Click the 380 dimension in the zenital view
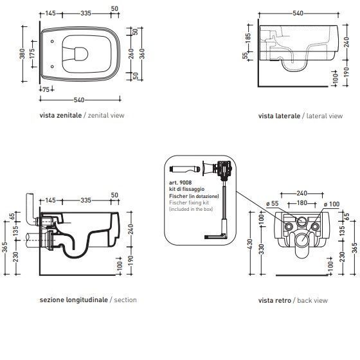tap(22, 53)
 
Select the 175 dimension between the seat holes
tap(32, 53)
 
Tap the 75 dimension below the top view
tap(46, 89)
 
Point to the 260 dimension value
tap(131, 53)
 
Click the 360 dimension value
tap(142, 53)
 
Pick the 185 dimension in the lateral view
tap(248, 39)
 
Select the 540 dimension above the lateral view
tap(298, 14)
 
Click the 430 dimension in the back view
tap(250, 244)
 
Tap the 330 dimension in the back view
tap(262, 249)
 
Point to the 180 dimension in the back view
tap(302, 203)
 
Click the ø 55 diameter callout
tap(273, 203)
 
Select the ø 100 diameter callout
tap(331, 204)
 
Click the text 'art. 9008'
tap(180, 183)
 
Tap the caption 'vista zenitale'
tap(60, 115)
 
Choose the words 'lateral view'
tap(325, 116)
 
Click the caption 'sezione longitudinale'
tap(74, 300)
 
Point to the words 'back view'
tap(312, 300)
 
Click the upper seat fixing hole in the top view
tap(52, 41)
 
